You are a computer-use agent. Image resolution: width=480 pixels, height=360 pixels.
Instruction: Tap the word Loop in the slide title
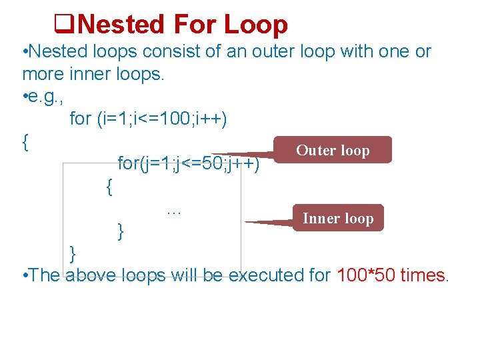(256, 25)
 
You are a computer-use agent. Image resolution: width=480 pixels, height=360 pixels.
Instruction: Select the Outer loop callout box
(333, 151)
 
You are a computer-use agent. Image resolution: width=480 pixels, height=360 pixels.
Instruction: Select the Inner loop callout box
(339, 218)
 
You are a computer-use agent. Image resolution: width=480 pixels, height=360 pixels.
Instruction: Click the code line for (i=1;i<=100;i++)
(148, 119)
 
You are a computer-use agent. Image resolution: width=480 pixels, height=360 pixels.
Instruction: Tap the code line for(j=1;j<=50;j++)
(188, 163)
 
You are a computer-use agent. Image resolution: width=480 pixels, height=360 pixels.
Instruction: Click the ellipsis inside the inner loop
(174, 211)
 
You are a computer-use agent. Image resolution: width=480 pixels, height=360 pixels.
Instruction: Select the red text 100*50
(367, 275)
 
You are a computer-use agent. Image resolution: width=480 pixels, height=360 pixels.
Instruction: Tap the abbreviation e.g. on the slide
(44, 97)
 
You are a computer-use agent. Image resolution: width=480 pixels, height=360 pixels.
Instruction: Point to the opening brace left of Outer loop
(25, 141)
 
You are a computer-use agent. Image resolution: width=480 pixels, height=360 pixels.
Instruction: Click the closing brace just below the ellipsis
(120, 231)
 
